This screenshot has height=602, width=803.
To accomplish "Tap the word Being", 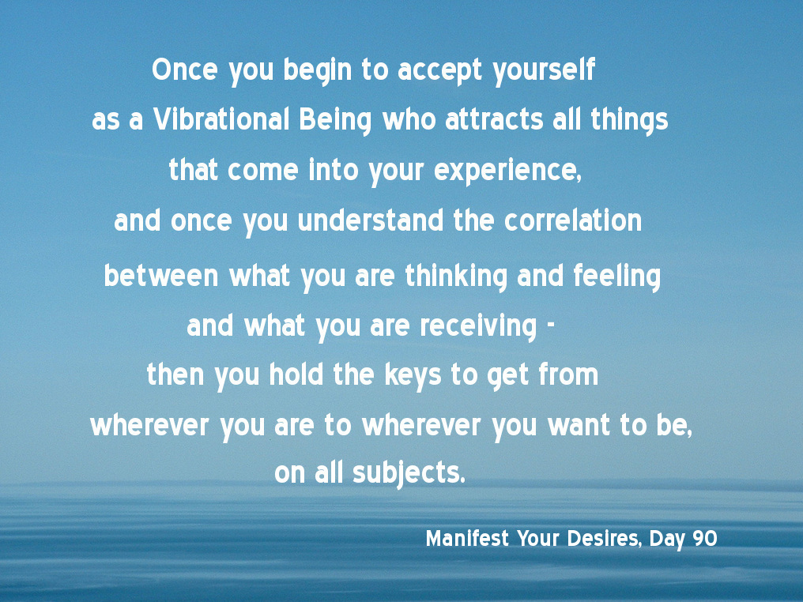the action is [335, 121].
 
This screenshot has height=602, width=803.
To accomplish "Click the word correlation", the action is [572, 220].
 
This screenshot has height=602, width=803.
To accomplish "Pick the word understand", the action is [370, 220].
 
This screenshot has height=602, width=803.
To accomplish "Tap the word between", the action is [160, 276].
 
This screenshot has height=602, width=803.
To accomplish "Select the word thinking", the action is [456, 277].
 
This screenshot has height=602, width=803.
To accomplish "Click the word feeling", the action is [616, 277].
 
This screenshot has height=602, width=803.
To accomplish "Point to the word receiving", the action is [478, 326].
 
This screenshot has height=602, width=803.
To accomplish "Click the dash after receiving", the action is [551, 326].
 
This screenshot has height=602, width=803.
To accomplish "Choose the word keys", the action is [413, 376].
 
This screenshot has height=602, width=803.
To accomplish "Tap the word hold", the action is [296, 374].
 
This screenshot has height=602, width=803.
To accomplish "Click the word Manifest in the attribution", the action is [467, 539].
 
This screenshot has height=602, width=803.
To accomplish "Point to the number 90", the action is [705, 539].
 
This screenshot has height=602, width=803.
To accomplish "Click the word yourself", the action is [544, 70].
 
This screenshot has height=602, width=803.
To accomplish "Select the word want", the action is [579, 425].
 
